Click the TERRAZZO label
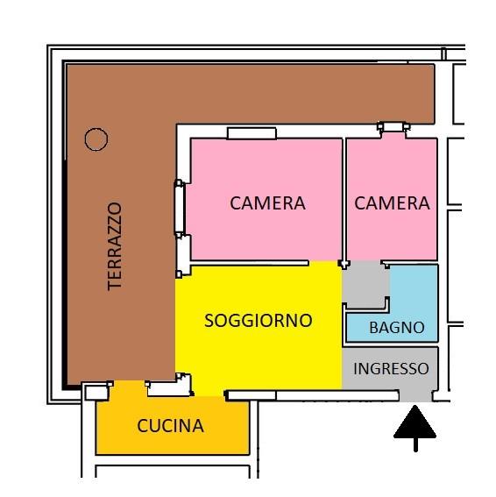(x=115, y=246)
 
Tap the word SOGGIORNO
(x=259, y=321)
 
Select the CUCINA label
(x=171, y=426)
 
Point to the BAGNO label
(x=397, y=328)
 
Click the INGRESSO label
(x=391, y=369)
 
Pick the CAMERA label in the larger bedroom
(x=267, y=203)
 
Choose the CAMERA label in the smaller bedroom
(x=392, y=203)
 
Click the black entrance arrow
(x=415, y=428)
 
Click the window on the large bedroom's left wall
(x=180, y=209)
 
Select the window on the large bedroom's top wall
(x=252, y=133)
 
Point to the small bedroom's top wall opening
(x=393, y=127)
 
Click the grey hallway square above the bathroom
(x=366, y=284)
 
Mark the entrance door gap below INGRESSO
(x=415, y=396)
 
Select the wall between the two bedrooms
(x=344, y=199)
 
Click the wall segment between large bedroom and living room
(x=250, y=263)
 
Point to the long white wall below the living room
(x=313, y=395)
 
